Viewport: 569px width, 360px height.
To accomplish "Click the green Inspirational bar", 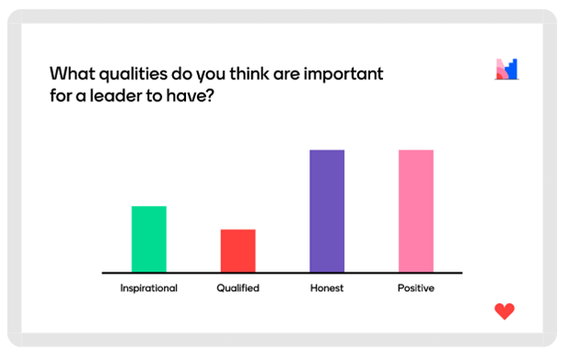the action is pos(149,238).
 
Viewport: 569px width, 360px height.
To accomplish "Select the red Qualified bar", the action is pos(238,250).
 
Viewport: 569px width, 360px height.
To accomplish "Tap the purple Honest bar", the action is pos(327,211).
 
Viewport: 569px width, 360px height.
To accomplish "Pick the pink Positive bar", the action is pos(416,211).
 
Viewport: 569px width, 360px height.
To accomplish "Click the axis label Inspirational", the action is pos(149,288).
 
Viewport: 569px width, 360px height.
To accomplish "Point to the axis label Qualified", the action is pos(238,288).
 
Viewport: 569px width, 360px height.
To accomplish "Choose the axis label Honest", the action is pos(327,288).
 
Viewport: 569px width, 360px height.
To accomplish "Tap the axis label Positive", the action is pos(416,288).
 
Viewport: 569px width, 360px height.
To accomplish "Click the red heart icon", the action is pos(505,311).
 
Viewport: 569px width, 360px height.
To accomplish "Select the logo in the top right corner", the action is pos(507,69).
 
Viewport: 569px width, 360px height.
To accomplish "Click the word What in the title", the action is pos(72,74).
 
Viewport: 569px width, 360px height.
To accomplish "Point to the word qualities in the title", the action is pos(134,75).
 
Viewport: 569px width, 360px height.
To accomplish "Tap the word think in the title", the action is pos(250,74).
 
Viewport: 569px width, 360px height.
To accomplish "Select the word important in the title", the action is pos(343,75).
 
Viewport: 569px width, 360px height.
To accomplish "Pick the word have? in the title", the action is pos(191,96).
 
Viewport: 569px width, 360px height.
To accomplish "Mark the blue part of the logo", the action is pos(512,69).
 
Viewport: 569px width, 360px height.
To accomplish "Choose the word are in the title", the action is pos(286,75).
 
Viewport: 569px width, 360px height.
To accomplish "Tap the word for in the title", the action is pos(61,96).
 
